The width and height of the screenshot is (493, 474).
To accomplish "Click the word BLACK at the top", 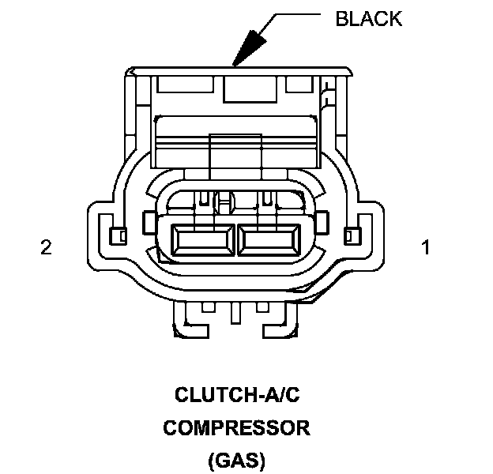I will point(368,18).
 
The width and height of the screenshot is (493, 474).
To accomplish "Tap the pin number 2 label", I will point(46,248).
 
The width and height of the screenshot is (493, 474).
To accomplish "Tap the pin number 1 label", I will point(426,248).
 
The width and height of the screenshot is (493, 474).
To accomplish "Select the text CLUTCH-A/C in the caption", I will point(236,393).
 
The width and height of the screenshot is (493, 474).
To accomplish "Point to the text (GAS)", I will point(236,461).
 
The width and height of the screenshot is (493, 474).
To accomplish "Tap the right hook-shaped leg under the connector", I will point(283,320).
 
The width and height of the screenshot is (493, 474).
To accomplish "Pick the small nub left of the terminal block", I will point(148,222).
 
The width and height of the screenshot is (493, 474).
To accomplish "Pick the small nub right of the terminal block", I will point(325,222).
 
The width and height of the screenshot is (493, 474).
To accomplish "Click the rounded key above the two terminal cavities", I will point(226,203).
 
